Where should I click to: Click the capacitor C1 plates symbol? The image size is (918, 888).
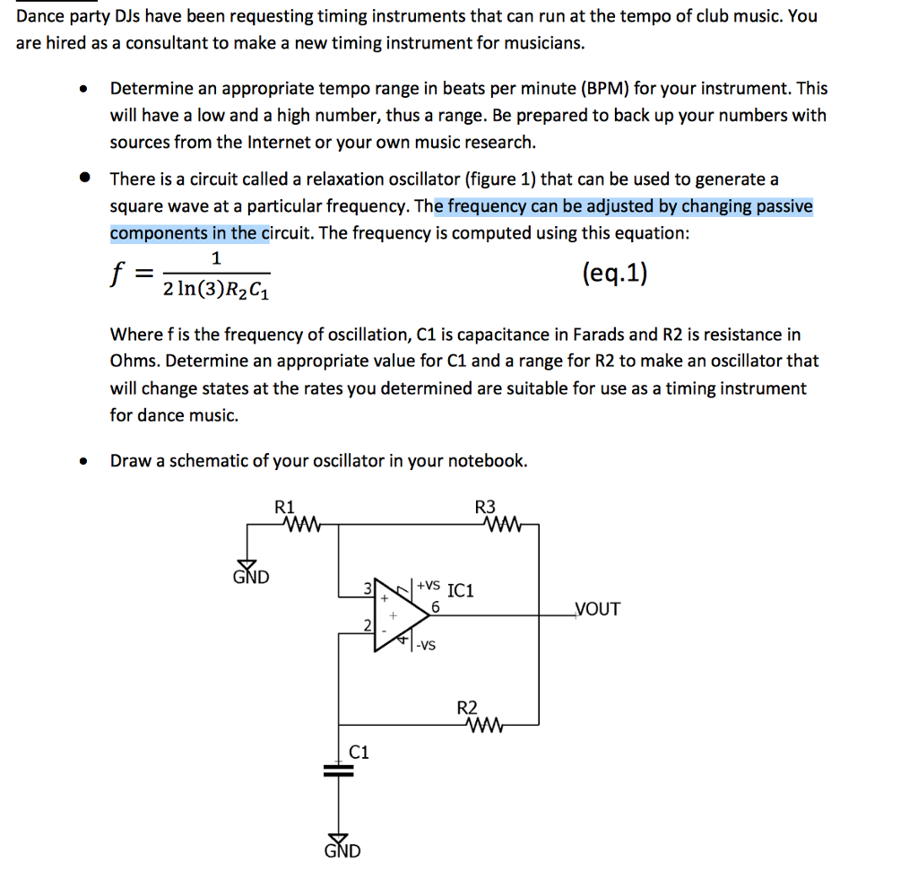339,770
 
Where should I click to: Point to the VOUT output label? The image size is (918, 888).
596,610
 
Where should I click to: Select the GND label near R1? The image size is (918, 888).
251,576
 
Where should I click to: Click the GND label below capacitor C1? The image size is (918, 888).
342,850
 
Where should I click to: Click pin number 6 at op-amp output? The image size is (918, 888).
435,606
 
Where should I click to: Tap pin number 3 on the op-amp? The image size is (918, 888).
367,588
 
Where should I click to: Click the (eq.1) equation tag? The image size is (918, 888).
614,273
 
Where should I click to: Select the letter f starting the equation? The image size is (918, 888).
116,274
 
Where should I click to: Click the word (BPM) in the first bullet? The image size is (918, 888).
604,89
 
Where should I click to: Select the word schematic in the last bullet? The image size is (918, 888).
210,461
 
